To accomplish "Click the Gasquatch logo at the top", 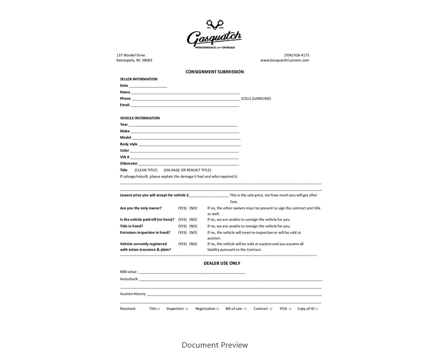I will pyautogui.click(x=214, y=35).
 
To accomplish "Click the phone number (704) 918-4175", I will pyautogui.click(x=296, y=55).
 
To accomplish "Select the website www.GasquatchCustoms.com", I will pyautogui.click(x=285, y=60).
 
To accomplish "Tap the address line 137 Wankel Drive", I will pyautogui.click(x=131, y=55).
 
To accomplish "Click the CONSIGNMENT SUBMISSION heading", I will pyautogui.click(x=214, y=72).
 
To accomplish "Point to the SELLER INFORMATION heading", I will pyautogui.click(x=139, y=79).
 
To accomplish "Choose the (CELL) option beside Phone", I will pyautogui.click(x=246, y=99).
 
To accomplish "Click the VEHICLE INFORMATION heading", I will pyautogui.click(x=140, y=118).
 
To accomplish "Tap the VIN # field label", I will pyautogui.click(x=125, y=157).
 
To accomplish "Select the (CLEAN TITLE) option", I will pyautogui.click(x=146, y=170).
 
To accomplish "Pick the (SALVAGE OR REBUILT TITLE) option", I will pyautogui.click(x=187, y=170).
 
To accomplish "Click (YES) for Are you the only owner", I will pyautogui.click(x=183, y=208).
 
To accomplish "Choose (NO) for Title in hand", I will pyautogui.click(x=193, y=226).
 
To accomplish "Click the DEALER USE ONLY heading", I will pyautogui.click(x=222, y=263).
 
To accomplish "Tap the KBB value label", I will pyautogui.click(x=129, y=272).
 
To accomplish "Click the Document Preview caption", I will pyautogui.click(x=214, y=345).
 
